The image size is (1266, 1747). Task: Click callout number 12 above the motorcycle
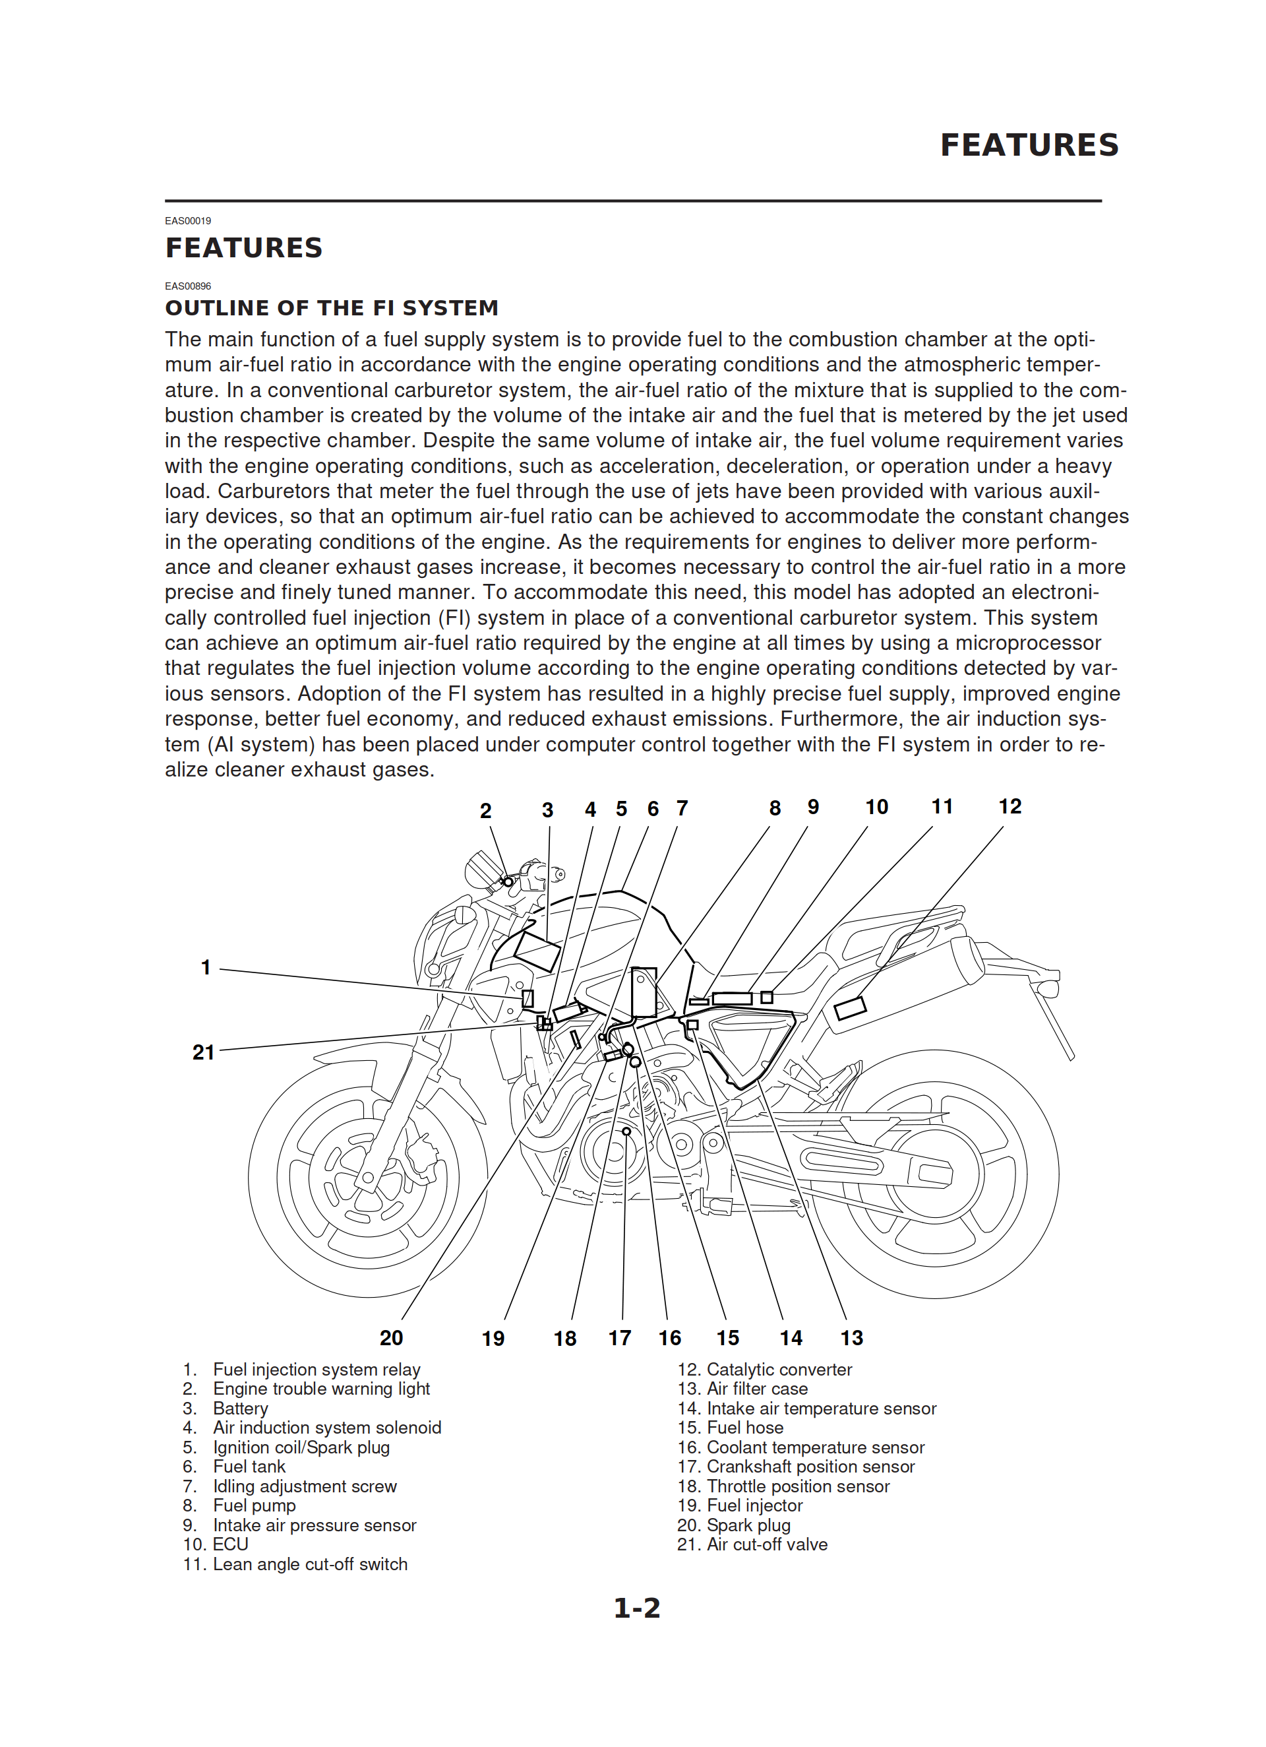(1010, 806)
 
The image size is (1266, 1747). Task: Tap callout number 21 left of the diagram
(203, 1052)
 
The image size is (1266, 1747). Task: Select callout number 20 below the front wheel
(391, 1338)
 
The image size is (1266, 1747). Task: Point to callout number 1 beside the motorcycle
(206, 967)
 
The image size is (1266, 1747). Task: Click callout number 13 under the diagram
(852, 1338)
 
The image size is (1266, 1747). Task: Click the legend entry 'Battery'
(240, 1408)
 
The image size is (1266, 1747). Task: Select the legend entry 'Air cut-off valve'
(766, 1544)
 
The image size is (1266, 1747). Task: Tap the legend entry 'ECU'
(230, 1544)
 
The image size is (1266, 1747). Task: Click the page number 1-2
(637, 1608)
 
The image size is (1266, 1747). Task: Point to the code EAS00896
(188, 286)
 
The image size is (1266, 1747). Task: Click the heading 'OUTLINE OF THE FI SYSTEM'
(332, 308)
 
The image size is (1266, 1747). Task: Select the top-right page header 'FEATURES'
(1029, 144)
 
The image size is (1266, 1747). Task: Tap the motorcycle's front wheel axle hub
(368, 1178)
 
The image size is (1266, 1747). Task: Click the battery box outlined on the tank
(537, 951)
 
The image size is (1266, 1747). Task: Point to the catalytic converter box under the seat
(850, 1007)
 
